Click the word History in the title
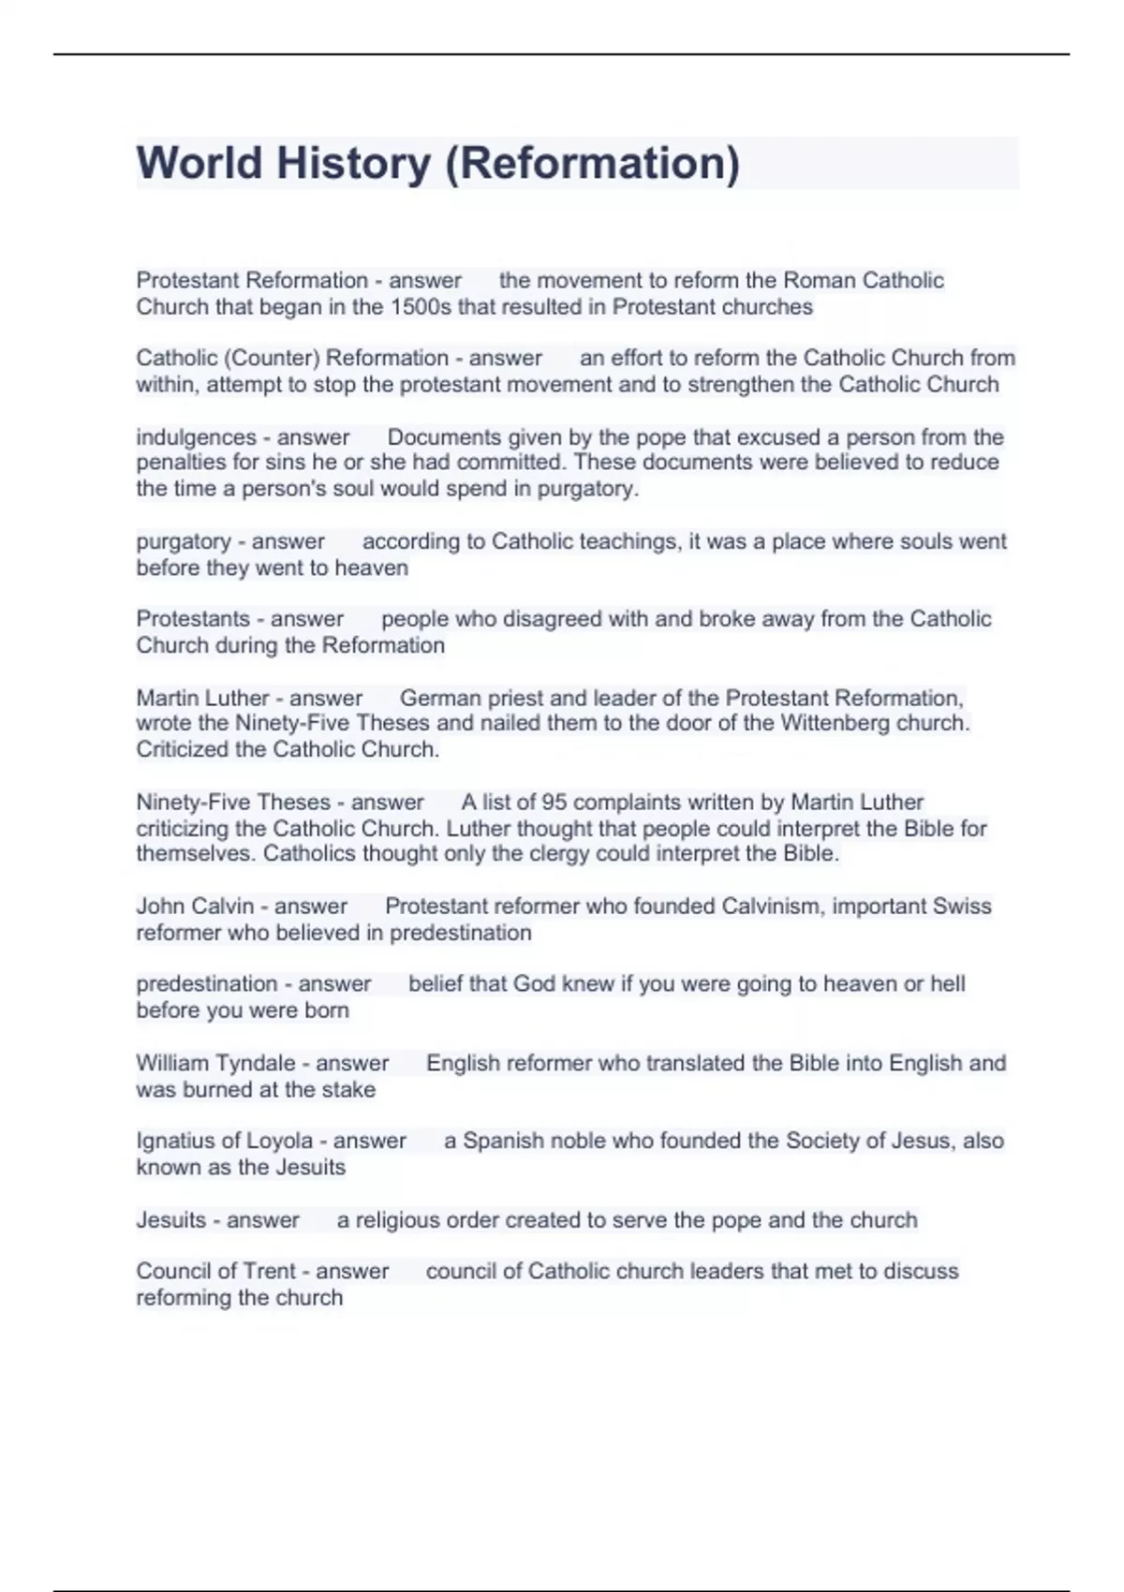tap(353, 163)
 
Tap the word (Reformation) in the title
tap(592, 163)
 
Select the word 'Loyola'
tap(279, 1141)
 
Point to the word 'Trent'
tap(269, 1271)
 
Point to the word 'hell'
tap(947, 983)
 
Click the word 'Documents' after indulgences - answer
tap(440, 437)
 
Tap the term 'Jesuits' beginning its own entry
tap(171, 1219)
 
